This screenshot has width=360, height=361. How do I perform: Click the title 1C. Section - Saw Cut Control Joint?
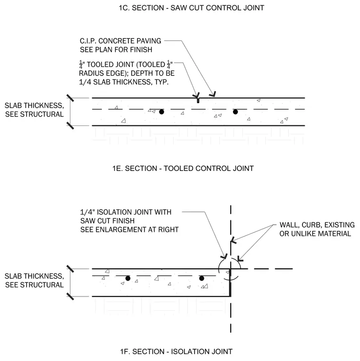(191, 8)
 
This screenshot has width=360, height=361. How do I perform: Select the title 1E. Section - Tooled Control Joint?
(183, 168)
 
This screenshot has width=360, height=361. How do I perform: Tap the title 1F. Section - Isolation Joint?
(176, 351)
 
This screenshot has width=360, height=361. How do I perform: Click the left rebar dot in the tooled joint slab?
(162, 112)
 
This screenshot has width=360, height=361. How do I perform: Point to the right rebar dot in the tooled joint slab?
(235, 112)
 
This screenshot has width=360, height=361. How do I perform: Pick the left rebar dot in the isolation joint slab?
(128, 278)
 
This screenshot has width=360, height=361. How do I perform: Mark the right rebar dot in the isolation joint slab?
(202, 278)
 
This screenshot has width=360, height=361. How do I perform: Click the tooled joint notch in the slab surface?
(198, 100)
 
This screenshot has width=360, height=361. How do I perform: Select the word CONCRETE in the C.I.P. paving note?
(113, 41)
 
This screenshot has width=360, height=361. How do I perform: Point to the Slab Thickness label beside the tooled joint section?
(34, 110)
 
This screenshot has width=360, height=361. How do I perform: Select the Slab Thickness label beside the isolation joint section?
(34, 280)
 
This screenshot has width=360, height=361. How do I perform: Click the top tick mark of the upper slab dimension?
(70, 98)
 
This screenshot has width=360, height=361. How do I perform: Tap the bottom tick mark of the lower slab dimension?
(70, 296)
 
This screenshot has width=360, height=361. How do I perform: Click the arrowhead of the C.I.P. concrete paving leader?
(214, 95)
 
